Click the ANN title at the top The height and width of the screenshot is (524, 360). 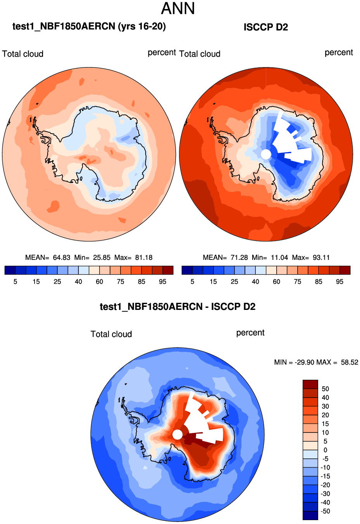tap(178, 9)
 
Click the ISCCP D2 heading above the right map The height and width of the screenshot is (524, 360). tap(266, 27)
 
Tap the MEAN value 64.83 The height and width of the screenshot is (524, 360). tap(62, 258)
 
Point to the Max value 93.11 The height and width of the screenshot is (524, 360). tap(321, 258)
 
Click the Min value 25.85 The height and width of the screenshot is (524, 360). tap(102, 258)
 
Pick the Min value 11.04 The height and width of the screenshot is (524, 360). tap(279, 258)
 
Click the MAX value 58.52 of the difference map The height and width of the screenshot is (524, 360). tap(350, 362)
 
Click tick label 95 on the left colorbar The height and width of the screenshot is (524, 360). tap(163, 282)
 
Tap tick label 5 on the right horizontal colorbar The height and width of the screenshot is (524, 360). tap(192, 282)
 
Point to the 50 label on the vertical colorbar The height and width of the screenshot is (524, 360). tap(325, 389)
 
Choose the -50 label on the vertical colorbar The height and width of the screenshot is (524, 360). tap(325, 511)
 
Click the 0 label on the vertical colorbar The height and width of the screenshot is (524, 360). tap(325, 450)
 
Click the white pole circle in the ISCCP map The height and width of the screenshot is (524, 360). tap(266, 154)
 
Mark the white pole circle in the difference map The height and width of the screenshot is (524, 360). tap(177, 434)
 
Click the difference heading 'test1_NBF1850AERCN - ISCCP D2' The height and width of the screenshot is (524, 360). tap(177, 307)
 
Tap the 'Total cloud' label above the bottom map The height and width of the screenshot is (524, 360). tap(111, 334)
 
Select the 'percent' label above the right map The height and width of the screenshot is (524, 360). tap(339, 52)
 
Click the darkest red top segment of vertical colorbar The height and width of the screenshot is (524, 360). tap(310, 384)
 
